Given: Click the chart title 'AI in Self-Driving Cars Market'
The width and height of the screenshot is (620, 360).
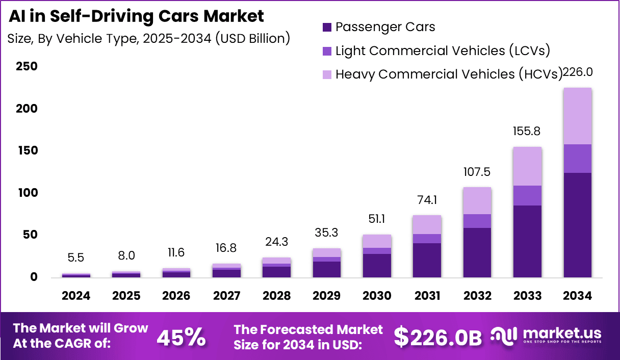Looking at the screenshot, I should (137, 16).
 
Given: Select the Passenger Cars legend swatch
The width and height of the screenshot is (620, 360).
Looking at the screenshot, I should (327, 27).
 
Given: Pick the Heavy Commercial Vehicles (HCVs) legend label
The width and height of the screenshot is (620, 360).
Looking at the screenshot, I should (449, 74).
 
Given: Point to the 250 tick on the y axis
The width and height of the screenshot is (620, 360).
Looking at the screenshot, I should (27, 67).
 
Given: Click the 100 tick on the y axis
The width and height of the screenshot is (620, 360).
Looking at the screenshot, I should (27, 193).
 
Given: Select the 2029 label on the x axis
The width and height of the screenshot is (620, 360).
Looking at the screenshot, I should (327, 296).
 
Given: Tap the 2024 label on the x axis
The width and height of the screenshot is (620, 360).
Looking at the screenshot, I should (76, 296).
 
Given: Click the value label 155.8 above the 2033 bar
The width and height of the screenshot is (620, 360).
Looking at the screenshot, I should (527, 132).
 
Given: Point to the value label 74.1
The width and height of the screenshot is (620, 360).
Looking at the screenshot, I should (427, 200).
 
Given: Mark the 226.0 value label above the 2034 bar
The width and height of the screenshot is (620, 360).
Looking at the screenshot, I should (577, 72).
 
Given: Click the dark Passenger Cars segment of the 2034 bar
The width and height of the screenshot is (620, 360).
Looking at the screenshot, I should (577, 224).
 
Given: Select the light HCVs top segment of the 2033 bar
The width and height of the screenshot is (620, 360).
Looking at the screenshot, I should (527, 166).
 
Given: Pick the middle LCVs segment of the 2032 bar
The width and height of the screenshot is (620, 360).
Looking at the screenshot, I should (477, 221).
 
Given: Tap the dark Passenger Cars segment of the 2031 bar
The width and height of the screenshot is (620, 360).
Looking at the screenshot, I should (427, 260).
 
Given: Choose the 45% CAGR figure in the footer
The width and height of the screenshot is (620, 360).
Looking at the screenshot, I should (181, 337).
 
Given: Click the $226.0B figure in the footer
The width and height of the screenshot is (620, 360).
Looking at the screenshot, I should (438, 337).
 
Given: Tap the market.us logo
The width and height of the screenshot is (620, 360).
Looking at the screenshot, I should (546, 336).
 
